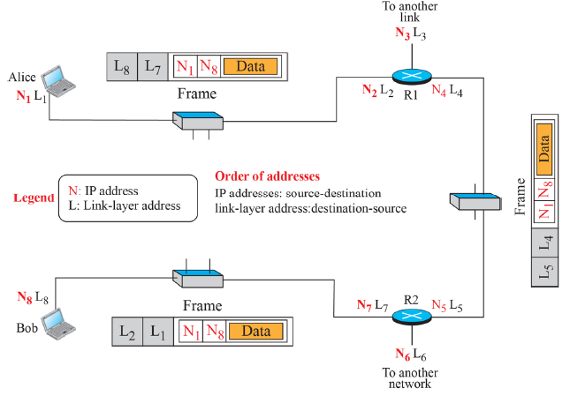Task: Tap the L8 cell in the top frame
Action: (122, 65)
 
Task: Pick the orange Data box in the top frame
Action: (250, 66)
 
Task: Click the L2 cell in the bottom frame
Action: (127, 332)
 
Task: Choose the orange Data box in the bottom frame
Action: (255, 332)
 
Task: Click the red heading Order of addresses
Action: (267, 176)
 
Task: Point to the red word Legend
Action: (33, 198)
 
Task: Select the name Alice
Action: (21, 78)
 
